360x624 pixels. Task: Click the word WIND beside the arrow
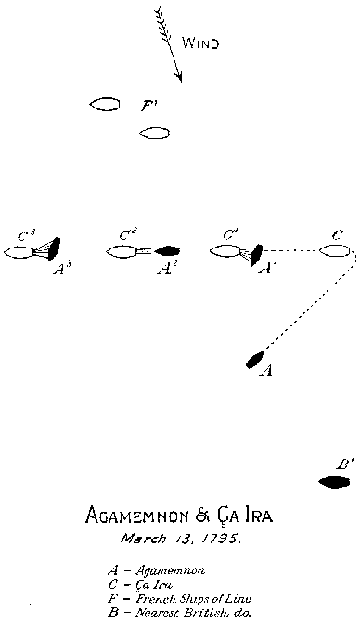click(200, 43)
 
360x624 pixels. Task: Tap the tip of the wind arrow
click(180, 81)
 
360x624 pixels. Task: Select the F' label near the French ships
click(148, 106)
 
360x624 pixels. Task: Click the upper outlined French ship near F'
click(105, 105)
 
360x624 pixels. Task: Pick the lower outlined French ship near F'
click(154, 134)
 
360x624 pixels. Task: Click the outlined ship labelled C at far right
click(335, 250)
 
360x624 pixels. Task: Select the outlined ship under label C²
click(122, 251)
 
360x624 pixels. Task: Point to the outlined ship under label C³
click(19, 251)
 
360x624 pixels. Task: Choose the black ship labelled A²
click(168, 250)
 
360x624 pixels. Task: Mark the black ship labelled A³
click(54, 248)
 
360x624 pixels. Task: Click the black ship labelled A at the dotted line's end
click(255, 360)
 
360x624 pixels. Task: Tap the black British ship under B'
click(334, 481)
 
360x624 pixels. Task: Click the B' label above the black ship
click(343, 464)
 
